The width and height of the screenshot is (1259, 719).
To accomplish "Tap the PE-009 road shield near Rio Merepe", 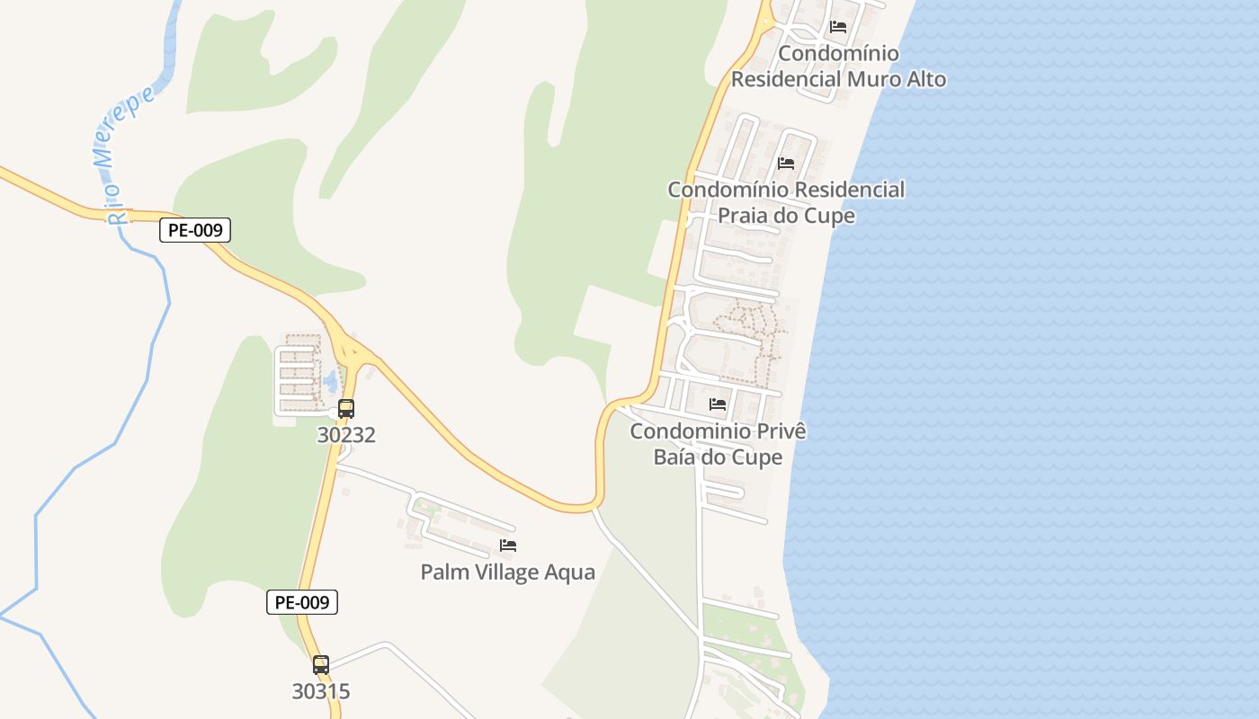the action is (195, 230).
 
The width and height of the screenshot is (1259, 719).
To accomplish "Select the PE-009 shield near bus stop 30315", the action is (302, 602).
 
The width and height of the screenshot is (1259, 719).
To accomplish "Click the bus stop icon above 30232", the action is (346, 409).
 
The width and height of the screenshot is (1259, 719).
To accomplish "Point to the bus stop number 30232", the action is (346, 435).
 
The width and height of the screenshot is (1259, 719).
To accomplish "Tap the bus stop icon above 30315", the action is (321, 665).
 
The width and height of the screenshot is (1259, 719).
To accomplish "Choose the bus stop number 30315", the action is (321, 692).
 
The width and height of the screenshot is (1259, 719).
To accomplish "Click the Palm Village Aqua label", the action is (508, 572).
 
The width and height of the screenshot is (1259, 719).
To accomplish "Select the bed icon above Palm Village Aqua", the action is (508, 546).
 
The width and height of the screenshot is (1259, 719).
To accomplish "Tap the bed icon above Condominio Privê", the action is (718, 404).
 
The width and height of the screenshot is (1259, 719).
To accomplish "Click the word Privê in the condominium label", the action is (781, 431).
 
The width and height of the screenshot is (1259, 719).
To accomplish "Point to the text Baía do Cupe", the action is (718, 457).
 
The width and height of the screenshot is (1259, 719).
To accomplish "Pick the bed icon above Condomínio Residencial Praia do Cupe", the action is (786, 164).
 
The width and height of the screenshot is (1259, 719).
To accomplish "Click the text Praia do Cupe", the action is (786, 216).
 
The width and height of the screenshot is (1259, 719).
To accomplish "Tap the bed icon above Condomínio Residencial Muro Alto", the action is (838, 27).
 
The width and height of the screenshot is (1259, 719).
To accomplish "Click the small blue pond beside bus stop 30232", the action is (329, 381).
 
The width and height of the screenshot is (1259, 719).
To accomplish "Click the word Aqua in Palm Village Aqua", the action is (572, 572).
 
